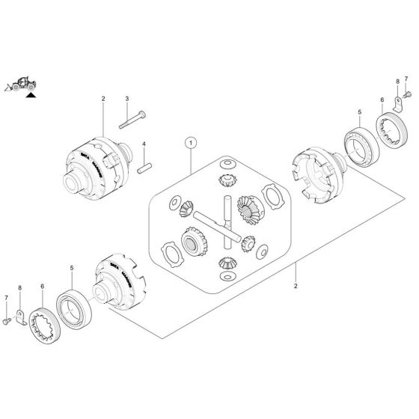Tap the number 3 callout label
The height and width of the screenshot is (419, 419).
pos(127,99)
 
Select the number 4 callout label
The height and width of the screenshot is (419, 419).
pos(144,144)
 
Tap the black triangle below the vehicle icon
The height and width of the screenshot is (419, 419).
pos(31,96)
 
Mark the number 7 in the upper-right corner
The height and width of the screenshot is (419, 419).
pos(406,79)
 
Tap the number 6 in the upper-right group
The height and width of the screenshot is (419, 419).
pos(382,99)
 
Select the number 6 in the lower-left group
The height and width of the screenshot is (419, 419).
pos(43,286)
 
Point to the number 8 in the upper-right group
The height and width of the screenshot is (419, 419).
pos(397,79)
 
